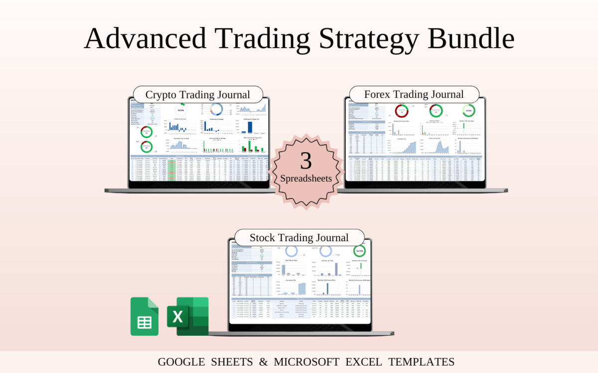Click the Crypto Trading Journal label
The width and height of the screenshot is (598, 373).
[x=197, y=94]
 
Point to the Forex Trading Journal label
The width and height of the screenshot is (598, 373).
[x=414, y=94]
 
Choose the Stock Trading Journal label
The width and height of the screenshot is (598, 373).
[x=299, y=238]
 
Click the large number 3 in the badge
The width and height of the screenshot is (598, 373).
[x=306, y=161]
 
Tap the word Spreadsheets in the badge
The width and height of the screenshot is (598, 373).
[x=306, y=178]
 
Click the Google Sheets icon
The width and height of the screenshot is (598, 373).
[x=145, y=316]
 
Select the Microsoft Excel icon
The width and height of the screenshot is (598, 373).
[x=187, y=316]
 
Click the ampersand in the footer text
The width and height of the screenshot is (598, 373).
[x=264, y=362]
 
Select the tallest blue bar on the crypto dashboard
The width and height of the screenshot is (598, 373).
[x=250, y=127]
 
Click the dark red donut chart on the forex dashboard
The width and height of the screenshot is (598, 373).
[x=402, y=111]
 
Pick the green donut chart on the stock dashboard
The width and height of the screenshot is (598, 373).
[x=359, y=251]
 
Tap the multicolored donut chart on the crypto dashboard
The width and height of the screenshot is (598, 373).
[x=217, y=109]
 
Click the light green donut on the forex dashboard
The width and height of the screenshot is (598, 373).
[x=468, y=110]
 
